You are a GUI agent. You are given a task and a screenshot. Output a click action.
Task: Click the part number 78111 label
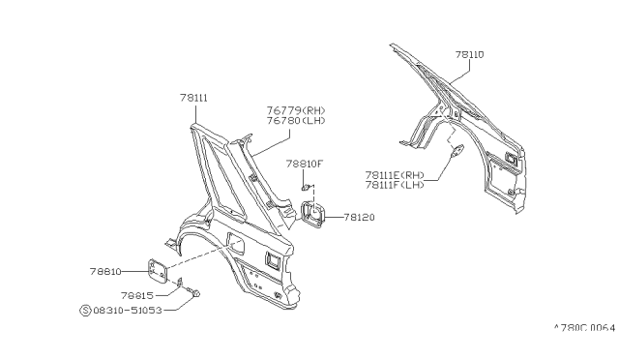[193, 97]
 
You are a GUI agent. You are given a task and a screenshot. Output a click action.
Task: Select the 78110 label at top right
[469, 55]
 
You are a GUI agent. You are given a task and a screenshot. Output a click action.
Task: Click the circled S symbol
[84, 310]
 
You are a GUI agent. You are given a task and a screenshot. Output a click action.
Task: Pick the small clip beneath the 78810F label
[305, 185]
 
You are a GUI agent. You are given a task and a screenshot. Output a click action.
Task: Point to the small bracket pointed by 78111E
[458, 149]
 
